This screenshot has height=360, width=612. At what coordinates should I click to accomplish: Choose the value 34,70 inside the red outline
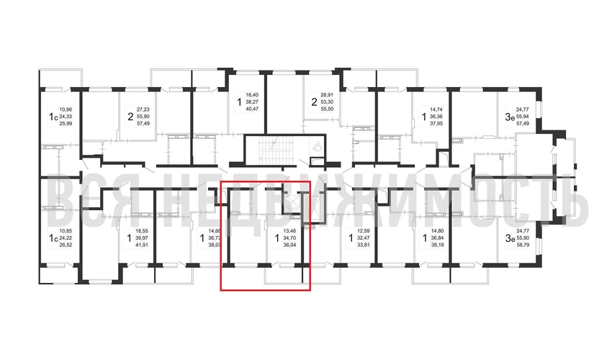pyautogui.click(x=289, y=237)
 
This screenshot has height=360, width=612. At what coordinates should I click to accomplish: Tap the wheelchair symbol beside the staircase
pyautogui.click(x=318, y=143)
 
